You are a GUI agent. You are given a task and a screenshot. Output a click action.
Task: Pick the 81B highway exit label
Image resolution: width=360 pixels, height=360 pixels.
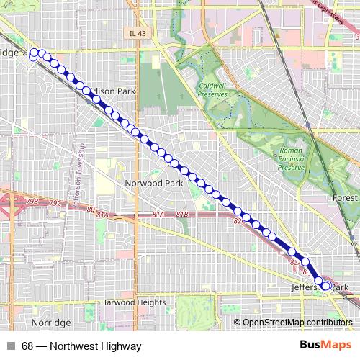tap(181, 215)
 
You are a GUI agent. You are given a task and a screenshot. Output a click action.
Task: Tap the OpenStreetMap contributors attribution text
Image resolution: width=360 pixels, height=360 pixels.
tap(297, 322)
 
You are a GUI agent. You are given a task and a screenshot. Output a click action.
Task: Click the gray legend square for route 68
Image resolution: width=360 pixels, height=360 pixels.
tap(9, 346)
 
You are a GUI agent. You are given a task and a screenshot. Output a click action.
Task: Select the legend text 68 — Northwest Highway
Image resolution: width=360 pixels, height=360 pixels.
tap(81, 346)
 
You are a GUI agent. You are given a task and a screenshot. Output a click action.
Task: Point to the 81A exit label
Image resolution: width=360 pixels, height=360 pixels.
tap(158, 215)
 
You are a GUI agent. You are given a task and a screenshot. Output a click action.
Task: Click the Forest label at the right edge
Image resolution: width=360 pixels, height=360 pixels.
tap(345, 197)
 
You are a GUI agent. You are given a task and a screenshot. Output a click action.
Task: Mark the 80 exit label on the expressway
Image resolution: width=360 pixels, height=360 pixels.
tap(90, 210)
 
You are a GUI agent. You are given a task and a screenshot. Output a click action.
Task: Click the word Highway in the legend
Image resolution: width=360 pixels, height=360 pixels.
tap(120, 346)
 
